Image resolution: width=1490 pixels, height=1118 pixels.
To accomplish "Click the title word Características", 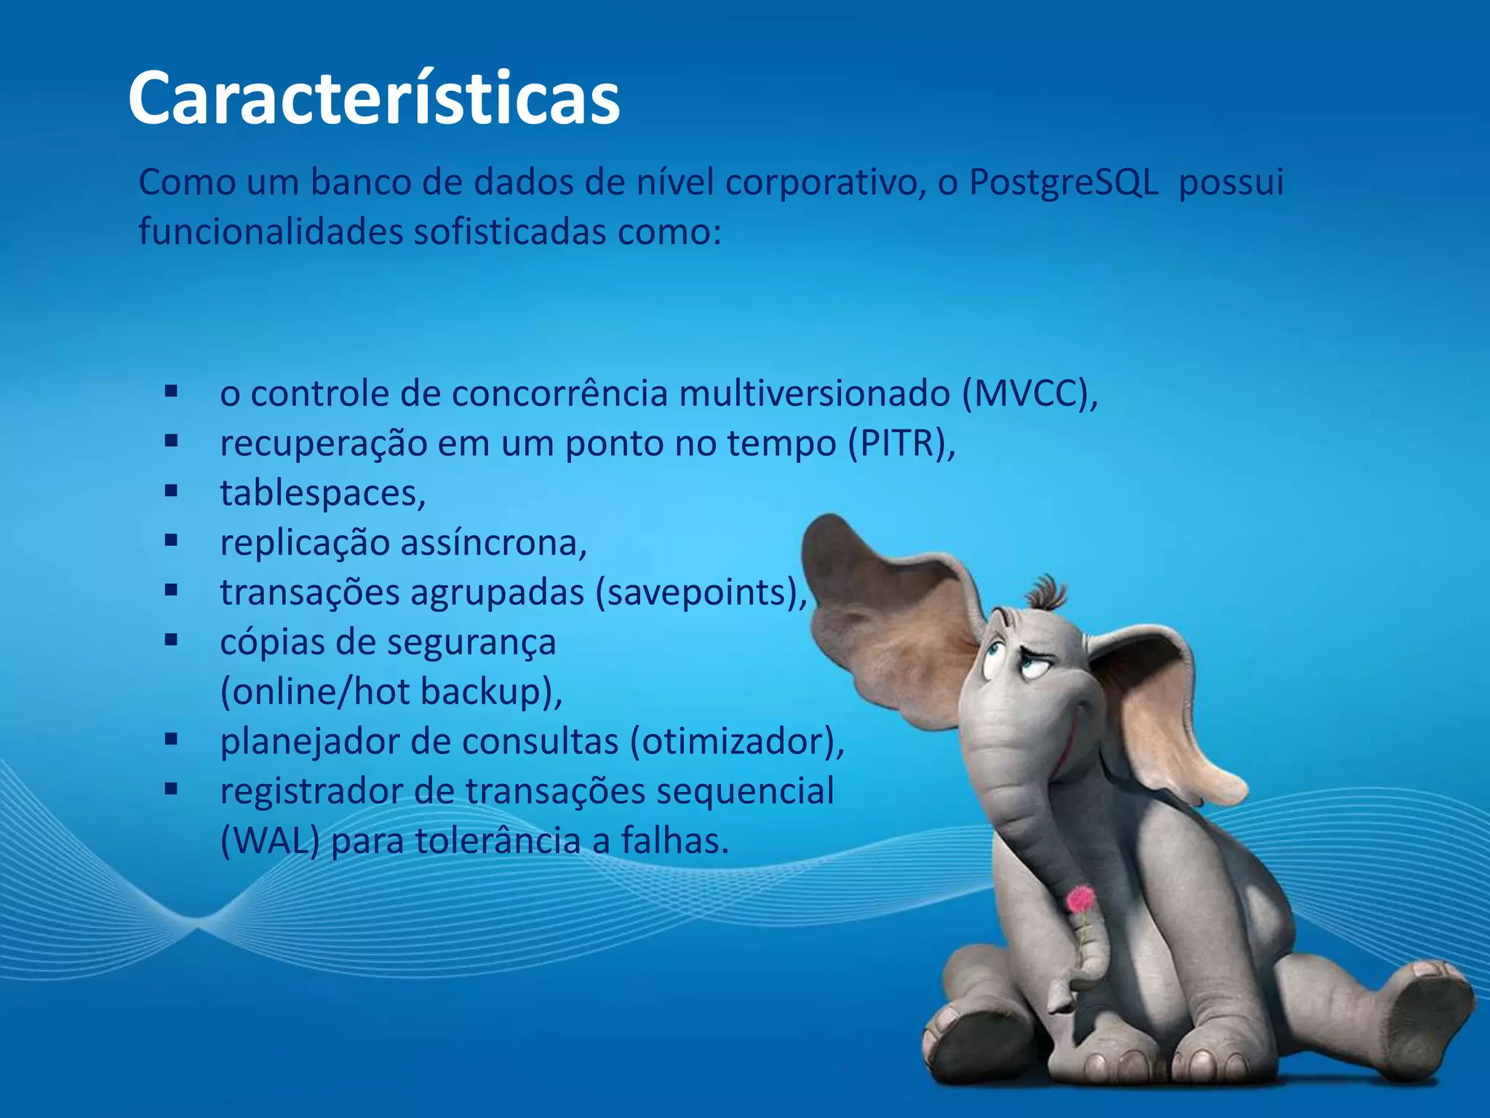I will (x=374, y=98).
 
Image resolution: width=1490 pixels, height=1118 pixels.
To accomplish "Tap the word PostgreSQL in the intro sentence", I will (x=1064, y=183).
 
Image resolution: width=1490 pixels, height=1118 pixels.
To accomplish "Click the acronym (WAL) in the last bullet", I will (x=270, y=841).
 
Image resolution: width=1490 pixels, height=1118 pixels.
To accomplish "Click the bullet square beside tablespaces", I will (x=172, y=491).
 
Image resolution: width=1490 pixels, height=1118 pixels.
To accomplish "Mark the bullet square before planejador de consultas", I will (x=172, y=740).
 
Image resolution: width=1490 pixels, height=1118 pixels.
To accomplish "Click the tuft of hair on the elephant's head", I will (x=1048, y=593).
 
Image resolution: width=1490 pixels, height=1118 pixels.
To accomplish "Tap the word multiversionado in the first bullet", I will (x=814, y=395).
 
